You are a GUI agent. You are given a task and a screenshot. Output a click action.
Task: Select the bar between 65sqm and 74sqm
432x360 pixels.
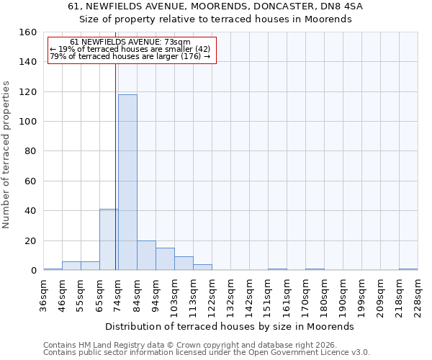108,240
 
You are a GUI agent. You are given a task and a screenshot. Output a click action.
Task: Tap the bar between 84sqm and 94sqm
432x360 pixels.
146,256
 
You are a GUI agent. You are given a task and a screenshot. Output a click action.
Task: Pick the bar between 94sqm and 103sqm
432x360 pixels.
165,259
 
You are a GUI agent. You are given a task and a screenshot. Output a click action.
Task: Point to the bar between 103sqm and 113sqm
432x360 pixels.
184,264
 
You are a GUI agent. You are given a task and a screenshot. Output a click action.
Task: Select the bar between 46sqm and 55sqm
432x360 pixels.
71,266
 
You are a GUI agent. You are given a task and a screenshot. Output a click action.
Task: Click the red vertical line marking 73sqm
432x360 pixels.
116,166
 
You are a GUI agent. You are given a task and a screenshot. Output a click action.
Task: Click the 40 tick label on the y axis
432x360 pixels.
30,211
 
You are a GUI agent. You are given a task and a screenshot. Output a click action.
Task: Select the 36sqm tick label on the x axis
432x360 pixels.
44,295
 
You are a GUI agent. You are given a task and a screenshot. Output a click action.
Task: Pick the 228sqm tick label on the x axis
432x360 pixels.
418,295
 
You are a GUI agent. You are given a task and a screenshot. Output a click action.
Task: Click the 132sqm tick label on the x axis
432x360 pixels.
231,295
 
